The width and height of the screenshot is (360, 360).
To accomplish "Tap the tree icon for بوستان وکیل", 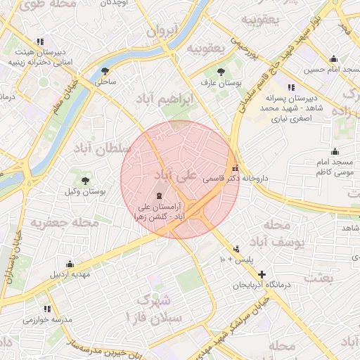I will coord(85,181).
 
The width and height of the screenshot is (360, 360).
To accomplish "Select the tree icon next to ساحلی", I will coord(105,71).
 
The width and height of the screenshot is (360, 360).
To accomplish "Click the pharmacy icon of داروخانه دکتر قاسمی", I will coord(235,169).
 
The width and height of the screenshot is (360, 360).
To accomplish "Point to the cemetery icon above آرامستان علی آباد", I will coord(157,195).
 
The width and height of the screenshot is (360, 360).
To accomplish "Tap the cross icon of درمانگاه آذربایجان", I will coord(262,274).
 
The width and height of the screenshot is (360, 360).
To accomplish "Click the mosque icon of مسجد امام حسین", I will coord(333,59).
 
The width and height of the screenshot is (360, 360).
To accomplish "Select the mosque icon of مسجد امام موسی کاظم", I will coord(335,151).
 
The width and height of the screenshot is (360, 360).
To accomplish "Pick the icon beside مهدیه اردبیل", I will coord(69,264).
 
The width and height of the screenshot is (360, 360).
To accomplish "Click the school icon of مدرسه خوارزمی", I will coord(47,308).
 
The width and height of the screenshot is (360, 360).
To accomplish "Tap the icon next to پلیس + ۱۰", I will coord(236,248).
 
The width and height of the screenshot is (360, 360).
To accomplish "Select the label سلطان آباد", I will coord(103,148).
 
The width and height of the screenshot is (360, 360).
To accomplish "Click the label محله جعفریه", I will coord(63,224).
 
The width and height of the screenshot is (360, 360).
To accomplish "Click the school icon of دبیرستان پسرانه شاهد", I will coord(291,86).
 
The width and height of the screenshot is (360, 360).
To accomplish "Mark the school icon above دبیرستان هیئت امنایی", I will coord(40,42).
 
